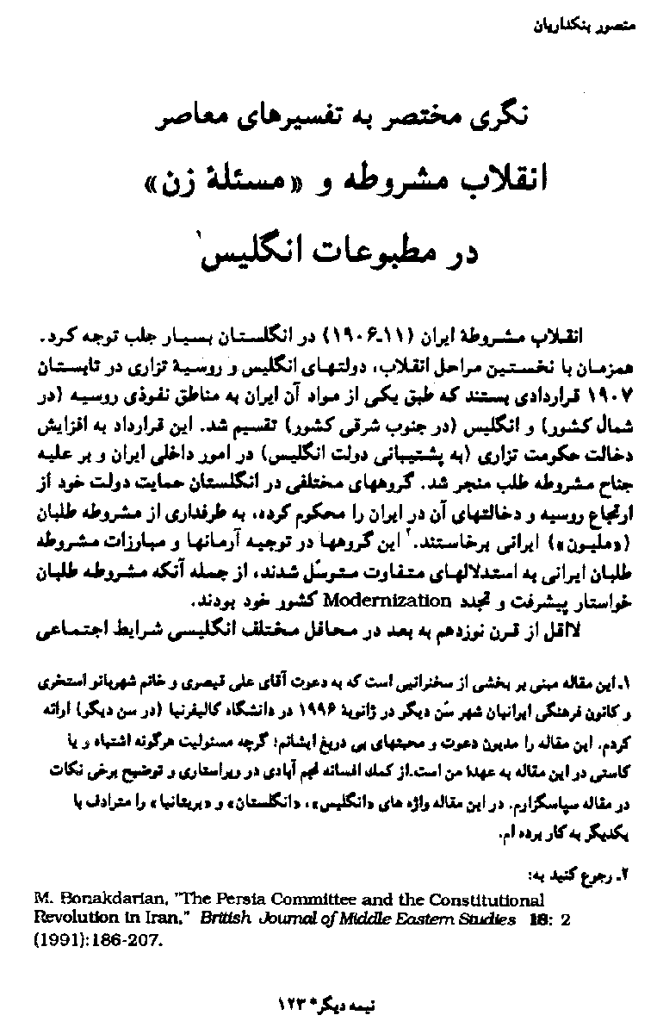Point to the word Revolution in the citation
(68, 919)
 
